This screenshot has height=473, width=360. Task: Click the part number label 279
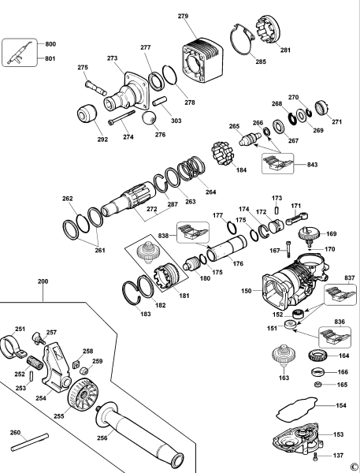pyautogui.click(x=183, y=16)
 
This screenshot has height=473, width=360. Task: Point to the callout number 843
pyautogui.click(x=313, y=165)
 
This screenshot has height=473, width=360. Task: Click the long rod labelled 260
pyautogui.click(x=30, y=442)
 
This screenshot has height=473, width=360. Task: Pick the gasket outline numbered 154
pyautogui.click(x=297, y=409)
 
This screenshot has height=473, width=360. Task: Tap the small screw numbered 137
pyautogui.click(x=316, y=456)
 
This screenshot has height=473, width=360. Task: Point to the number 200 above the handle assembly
pyautogui.click(x=43, y=281)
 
